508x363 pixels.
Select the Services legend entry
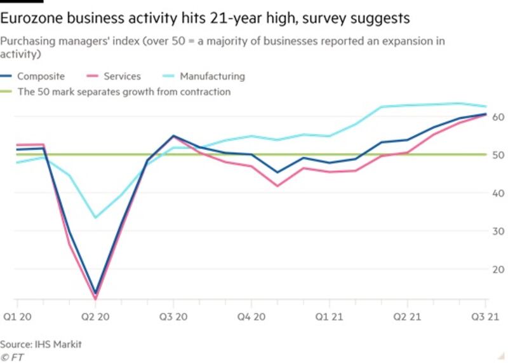121,76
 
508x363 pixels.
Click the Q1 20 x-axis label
17,317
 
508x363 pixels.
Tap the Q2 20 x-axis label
95,317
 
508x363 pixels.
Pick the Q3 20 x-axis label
173,317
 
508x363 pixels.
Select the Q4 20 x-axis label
251,317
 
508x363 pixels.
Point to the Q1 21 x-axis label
330,317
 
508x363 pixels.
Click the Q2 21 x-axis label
407,317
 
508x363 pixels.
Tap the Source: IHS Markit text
41,344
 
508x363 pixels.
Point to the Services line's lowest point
95,298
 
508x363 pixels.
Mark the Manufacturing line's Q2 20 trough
95,217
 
